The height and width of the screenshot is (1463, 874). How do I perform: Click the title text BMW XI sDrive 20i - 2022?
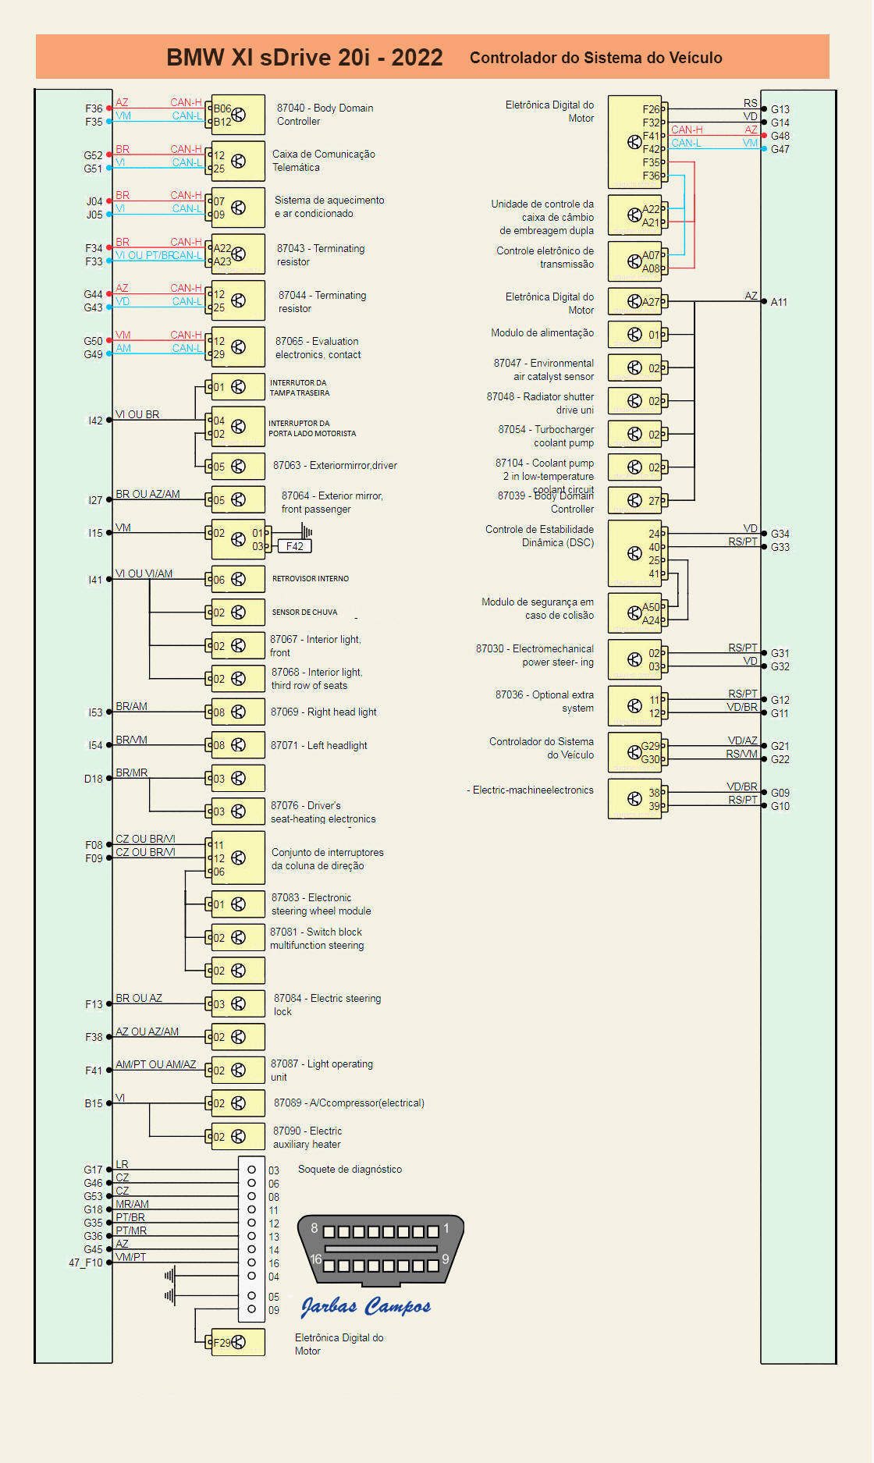pos(304,58)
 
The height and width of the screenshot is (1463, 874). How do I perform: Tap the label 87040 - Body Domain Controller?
pos(325,115)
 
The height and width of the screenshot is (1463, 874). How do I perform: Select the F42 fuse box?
pos(294,546)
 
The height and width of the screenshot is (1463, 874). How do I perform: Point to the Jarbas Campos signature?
pos(365,1306)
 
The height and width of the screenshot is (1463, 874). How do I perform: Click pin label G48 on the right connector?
pos(780,136)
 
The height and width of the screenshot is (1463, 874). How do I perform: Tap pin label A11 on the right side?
pos(779,302)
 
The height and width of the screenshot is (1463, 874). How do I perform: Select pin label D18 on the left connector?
pos(94,779)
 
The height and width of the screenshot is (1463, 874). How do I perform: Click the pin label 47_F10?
pos(86,1262)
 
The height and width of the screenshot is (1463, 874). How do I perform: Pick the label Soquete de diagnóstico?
pos(350,1169)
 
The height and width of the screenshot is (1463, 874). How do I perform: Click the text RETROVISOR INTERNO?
pos(311,579)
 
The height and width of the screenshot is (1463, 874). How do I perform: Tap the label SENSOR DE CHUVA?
pos(304,613)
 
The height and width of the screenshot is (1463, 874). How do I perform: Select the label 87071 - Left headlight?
pos(318,745)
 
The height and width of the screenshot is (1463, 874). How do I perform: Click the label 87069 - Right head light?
pos(323,712)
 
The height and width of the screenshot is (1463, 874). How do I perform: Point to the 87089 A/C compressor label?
pos(349,1103)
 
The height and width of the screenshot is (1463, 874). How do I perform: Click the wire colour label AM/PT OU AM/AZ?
pos(156,1064)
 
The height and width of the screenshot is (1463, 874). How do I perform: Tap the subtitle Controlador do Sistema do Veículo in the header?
pos(595,58)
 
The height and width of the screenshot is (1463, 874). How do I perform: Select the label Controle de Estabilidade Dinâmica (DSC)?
pos(539,535)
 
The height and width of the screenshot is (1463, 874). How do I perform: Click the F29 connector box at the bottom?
pos(237,1342)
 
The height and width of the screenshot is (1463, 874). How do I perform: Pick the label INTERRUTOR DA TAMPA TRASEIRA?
pos(299,388)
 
